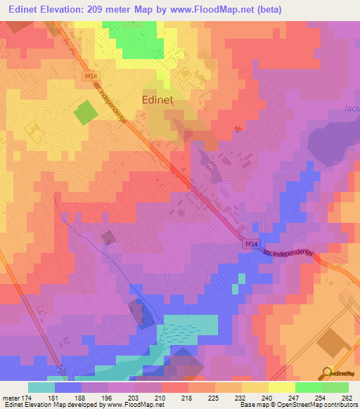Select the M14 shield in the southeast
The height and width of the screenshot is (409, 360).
coord(252,243)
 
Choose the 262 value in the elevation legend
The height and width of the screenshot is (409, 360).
coord(347,397)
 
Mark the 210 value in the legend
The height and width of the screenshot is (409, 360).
coord(161,397)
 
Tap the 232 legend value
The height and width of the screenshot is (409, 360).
coord(240,397)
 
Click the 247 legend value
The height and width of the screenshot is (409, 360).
coord(294,397)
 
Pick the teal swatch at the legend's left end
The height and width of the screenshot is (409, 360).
coord(41,387)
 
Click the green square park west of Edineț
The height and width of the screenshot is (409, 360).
coord(84,112)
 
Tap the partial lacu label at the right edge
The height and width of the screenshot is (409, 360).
coord(352,108)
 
